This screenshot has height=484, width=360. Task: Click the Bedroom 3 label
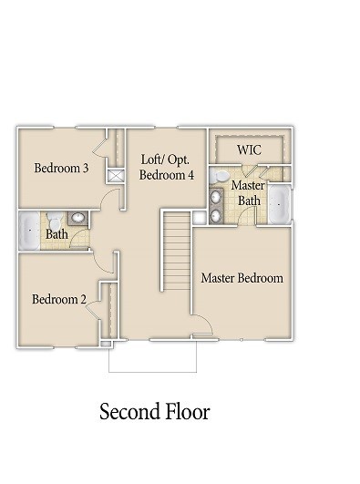click(60, 168)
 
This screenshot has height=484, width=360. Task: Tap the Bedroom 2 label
click(59, 300)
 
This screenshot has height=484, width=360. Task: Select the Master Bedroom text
click(242, 278)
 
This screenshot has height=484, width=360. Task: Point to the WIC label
click(250, 149)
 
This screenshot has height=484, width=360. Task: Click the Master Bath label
click(248, 192)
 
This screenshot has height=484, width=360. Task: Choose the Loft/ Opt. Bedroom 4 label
click(167, 167)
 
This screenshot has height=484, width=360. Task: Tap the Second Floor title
click(154, 412)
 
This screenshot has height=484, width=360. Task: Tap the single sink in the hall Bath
click(77, 219)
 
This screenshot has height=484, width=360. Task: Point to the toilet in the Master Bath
click(221, 175)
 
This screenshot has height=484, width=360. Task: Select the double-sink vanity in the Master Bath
click(217, 204)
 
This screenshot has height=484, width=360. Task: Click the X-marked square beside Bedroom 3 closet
click(116, 177)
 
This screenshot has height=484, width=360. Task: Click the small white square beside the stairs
click(199, 217)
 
